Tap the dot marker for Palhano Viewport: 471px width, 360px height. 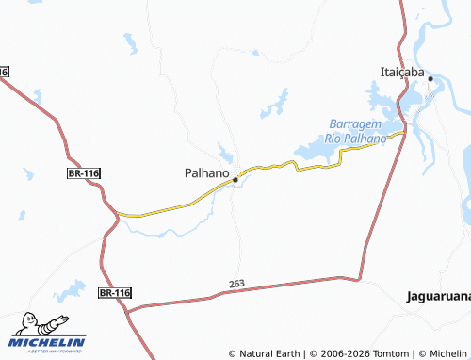point(235,178)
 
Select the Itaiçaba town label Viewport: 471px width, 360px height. point(401,72)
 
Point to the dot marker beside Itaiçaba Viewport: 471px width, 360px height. point(430,79)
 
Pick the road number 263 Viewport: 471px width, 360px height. point(236,284)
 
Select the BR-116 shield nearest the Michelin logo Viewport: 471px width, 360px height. point(115,294)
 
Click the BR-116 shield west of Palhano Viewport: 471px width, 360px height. point(84,173)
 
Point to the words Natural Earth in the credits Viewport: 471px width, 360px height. point(268,353)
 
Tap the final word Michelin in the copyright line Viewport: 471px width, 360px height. point(444,353)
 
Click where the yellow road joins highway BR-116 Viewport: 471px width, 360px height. point(117,215)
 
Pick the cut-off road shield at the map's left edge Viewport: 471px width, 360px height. point(4,72)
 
